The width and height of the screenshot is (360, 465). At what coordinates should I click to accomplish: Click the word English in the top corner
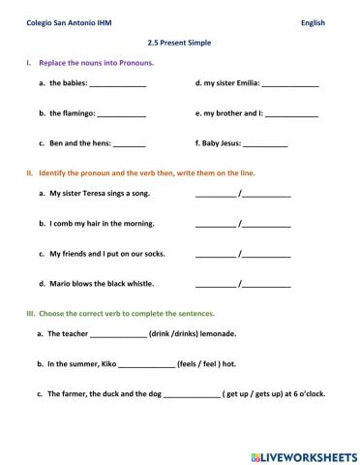[x=314, y=22]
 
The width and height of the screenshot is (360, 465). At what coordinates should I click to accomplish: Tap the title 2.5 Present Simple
[x=179, y=43]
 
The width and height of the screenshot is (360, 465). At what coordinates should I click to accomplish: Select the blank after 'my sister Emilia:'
[x=290, y=85]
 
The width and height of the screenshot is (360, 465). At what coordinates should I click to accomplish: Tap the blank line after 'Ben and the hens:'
[x=130, y=144]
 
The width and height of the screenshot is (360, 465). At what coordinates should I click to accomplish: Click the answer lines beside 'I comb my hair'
[x=242, y=225]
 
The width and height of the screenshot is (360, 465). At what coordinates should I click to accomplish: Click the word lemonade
[x=220, y=333]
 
